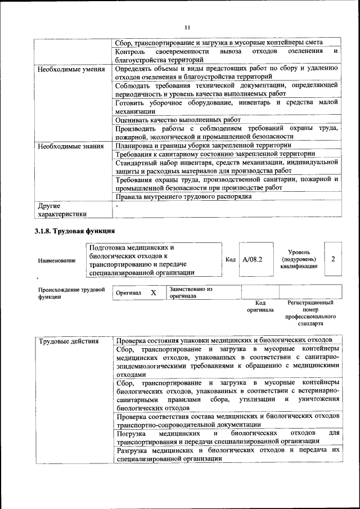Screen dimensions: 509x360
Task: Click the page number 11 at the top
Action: [x=188, y=26]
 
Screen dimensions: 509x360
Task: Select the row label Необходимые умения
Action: [x=70, y=70]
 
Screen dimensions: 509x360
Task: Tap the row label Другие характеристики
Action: [x=62, y=210]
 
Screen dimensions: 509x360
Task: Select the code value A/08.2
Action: [x=253, y=259]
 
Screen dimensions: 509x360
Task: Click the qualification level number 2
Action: [x=334, y=259]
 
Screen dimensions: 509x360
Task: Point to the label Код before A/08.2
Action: [x=230, y=259]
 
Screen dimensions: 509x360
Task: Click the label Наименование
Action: [x=57, y=260]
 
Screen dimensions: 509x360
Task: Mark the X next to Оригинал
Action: [x=153, y=293]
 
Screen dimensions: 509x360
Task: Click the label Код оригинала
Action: [x=260, y=306]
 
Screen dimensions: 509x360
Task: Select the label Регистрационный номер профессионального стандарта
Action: [x=310, y=313]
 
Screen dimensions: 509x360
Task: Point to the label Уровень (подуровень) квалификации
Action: [x=298, y=259]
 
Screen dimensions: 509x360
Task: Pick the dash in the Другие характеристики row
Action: [x=116, y=206]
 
